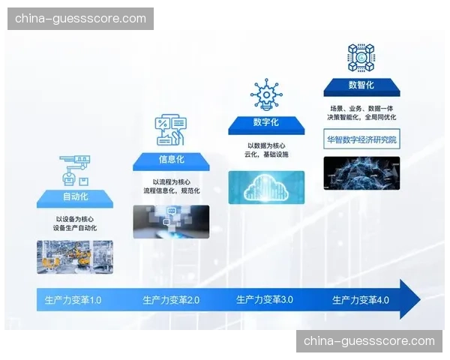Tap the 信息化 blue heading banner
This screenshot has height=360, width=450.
pyautogui.click(x=171, y=160)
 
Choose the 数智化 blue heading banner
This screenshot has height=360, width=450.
pyautogui.click(x=361, y=86)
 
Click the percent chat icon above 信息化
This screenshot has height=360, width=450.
pyautogui.click(x=171, y=130)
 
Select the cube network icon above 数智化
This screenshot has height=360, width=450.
pyautogui.click(x=361, y=57)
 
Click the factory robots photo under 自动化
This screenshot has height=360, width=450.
pyautogui.click(x=75, y=256)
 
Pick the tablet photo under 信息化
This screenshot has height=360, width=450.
pyautogui.click(x=171, y=222)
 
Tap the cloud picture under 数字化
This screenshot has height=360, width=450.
pyautogui.click(x=266, y=187)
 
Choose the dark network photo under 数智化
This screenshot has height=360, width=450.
pyautogui.click(x=361, y=172)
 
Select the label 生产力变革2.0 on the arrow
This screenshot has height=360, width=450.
pyautogui.click(x=171, y=301)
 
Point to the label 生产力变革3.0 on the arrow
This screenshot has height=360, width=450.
pyautogui.click(x=265, y=300)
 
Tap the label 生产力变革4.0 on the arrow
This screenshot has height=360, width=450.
pyautogui.click(x=361, y=300)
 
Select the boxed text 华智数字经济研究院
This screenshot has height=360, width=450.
pyautogui.click(x=361, y=140)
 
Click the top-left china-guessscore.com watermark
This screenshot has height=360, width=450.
pyautogui.click(x=81, y=18)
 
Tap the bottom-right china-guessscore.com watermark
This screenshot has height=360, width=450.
pyautogui.click(x=369, y=341)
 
